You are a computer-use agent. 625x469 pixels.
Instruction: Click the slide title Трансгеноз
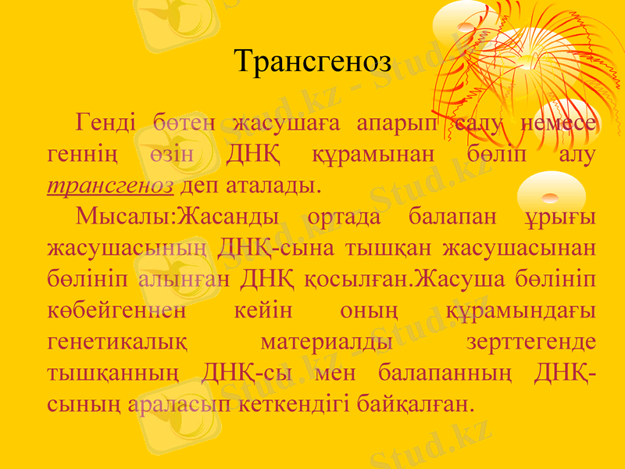[312, 62]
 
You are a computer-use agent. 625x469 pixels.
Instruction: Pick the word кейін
[263, 312]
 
